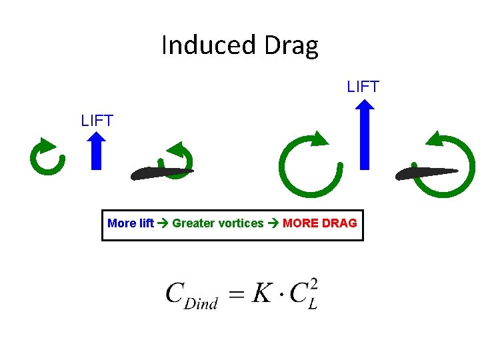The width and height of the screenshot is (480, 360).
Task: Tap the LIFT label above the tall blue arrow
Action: pyautogui.click(x=363, y=87)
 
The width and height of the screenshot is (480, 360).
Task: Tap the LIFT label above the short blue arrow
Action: pyautogui.click(x=97, y=121)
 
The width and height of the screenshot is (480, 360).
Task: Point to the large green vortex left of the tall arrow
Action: pyautogui.click(x=310, y=165)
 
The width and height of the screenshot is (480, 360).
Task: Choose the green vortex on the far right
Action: pyautogui.click(x=449, y=165)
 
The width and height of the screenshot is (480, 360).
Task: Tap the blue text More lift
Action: pyautogui.click(x=131, y=223)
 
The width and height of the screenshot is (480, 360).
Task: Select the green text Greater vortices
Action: pyautogui.click(x=218, y=223)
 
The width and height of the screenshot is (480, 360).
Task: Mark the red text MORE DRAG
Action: pyautogui.click(x=320, y=223)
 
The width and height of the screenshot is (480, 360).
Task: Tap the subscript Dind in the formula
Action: pyautogui.click(x=201, y=304)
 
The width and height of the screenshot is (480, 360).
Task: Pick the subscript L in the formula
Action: pyautogui.click(x=312, y=305)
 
